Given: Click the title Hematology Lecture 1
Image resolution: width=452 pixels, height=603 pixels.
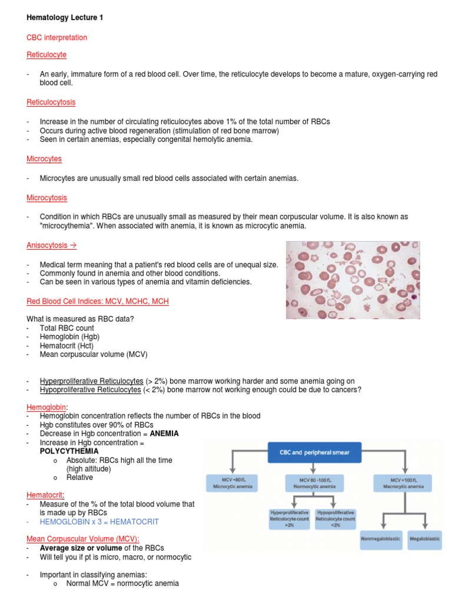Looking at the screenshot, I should (x=65, y=18).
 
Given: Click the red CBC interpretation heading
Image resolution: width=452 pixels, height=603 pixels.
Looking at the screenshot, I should (x=56, y=38).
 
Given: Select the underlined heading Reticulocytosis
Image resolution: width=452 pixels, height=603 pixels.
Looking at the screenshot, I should (x=51, y=102).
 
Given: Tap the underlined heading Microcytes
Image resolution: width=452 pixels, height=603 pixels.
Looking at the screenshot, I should (x=44, y=159).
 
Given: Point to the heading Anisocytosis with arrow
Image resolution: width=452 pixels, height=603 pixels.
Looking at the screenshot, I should (x=52, y=245).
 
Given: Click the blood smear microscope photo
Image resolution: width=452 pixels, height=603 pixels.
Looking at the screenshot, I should (x=353, y=280).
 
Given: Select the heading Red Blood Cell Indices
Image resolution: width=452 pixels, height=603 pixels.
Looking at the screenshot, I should (x=98, y=301).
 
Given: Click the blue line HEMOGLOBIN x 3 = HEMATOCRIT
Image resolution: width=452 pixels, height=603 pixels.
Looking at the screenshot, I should (x=99, y=522).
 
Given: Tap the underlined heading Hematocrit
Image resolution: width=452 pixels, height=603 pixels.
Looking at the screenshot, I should (x=45, y=495).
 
